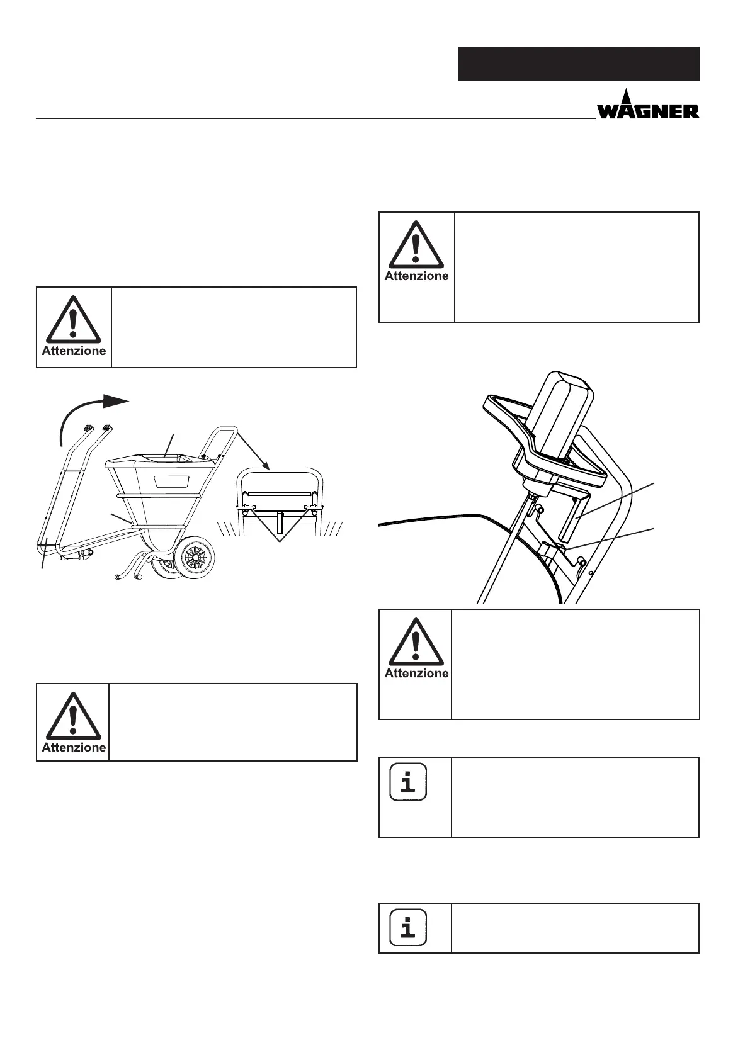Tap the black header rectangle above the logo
coord(578,63)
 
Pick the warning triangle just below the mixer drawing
coord(415,642)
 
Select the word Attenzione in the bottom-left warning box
coord(74,747)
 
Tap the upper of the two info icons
coord(408,782)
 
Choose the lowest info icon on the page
coord(408,927)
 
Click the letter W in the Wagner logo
coord(609,111)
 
